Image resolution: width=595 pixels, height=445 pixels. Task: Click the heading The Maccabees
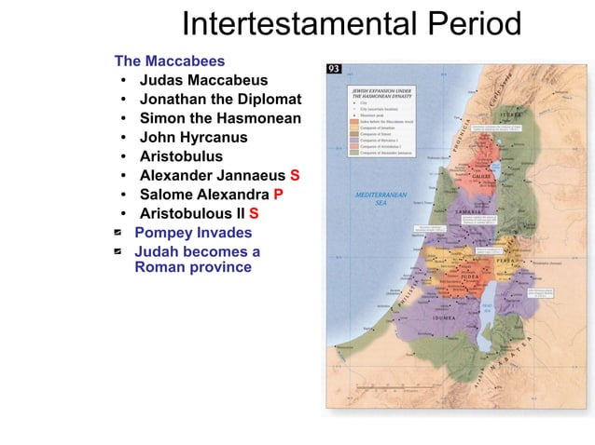pyautogui.click(x=169, y=61)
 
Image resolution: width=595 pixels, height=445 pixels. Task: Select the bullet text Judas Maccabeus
pyautogui.click(x=203, y=81)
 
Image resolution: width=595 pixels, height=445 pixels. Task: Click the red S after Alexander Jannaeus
pyautogui.click(x=295, y=176)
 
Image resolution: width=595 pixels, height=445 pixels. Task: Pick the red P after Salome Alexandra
pyautogui.click(x=278, y=195)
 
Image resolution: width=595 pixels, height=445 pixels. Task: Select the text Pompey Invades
pyautogui.click(x=193, y=233)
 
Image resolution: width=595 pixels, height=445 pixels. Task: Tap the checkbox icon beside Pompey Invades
pyautogui.click(x=119, y=233)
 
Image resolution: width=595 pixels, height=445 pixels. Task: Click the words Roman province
pyautogui.click(x=193, y=267)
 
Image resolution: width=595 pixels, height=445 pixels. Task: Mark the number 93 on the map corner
pyautogui.click(x=334, y=70)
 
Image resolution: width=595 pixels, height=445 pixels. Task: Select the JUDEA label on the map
pyautogui.click(x=469, y=276)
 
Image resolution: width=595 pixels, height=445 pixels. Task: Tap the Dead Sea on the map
pyautogui.click(x=487, y=307)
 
